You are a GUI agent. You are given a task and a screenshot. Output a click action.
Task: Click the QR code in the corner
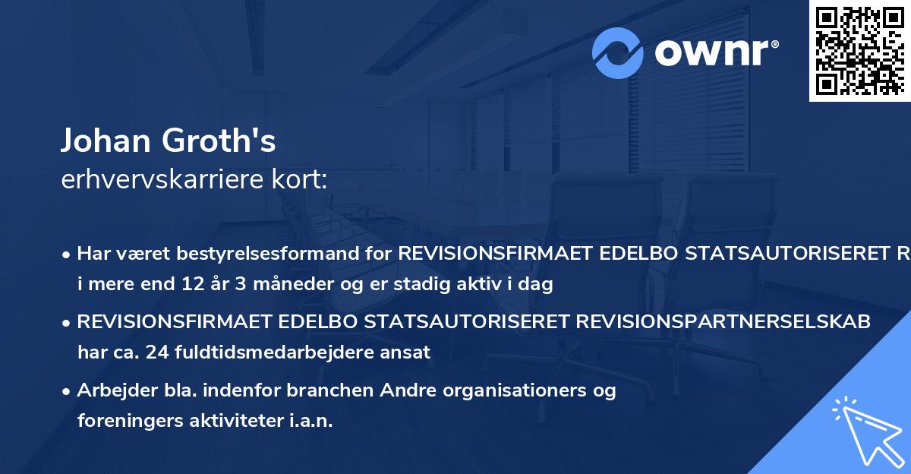pyautogui.click(x=859, y=50)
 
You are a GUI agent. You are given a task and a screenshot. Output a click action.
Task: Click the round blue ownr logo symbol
pyautogui.click(x=618, y=52)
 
